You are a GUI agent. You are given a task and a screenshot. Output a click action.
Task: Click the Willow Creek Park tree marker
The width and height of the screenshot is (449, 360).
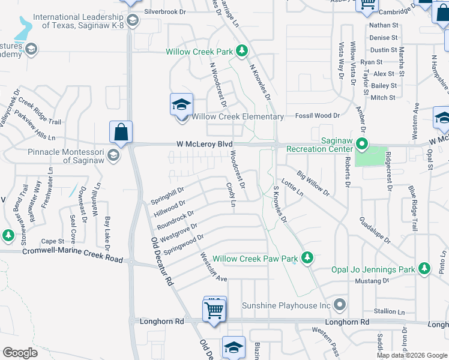pyautogui.click(x=241, y=52)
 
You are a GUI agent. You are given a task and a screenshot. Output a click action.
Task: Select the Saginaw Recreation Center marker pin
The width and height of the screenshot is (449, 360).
pyautogui.click(x=361, y=144)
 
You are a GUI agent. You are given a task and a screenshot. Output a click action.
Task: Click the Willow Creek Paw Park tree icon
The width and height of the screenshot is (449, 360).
pyautogui.click(x=307, y=258)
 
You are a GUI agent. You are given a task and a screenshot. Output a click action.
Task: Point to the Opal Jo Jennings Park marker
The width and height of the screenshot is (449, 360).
pyautogui.click(x=425, y=268)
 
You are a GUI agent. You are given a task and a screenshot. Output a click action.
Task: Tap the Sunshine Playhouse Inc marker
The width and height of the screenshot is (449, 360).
pyautogui.click(x=340, y=305)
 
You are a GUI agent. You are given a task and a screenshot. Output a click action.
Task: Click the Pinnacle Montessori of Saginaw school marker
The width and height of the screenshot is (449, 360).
pyautogui.click(x=112, y=157)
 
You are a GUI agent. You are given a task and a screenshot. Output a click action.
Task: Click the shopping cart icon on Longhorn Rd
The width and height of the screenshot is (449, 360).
pyautogui.click(x=214, y=310)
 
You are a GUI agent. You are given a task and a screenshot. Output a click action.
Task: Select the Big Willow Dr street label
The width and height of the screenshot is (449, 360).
pyautogui.click(x=313, y=185)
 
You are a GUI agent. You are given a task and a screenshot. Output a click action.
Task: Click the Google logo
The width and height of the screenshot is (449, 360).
pyautogui.click(x=20, y=352)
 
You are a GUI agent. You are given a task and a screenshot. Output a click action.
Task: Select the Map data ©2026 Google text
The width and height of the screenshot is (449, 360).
pyautogui.click(x=412, y=355)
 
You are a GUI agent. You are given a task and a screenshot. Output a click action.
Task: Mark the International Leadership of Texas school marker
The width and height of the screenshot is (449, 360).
pyautogui.click(x=132, y=22)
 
